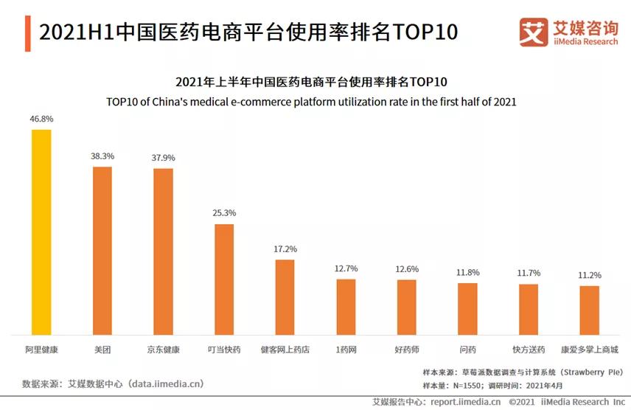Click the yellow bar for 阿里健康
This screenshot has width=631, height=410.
pyautogui.click(x=41, y=232)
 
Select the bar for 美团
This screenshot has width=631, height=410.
pyautogui.click(x=102, y=250)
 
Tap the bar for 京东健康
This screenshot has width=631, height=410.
pyautogui.click(x=163, y=251)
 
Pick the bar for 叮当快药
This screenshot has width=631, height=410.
pyautogui.click(x=224, y=279)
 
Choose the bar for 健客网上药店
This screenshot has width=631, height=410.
pyautogui.click(x=285, y=296)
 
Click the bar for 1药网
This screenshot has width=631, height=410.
pyautogui.click(x=346, y=306)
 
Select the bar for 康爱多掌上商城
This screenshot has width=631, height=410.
pyautogui.click(x=589, y=310)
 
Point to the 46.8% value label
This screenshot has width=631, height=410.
pyautogui.click(x=41, y=118)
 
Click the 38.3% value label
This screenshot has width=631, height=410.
pyautogui.click(x=102, y=156)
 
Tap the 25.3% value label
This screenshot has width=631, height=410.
pyautogui.click(x=224, y=213)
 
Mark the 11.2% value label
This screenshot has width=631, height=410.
pyautogui.click(x=589, y=275)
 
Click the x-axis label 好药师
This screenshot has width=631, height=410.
pyautogui.click(x=406, y=349)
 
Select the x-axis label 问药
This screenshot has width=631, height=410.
pyautogui.click(x=467, y=349)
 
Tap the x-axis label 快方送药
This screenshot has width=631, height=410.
pyautogui.click(x=529, y=349)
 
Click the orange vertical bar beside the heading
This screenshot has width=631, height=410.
pyautogui.click(x=27, y=33)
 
